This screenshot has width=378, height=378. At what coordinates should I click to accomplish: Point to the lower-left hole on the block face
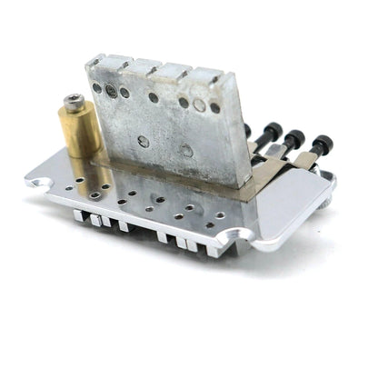tap(144, 141)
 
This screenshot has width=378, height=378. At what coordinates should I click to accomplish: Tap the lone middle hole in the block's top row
tap(154, 96)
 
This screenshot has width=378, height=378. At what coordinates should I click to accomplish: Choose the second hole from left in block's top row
tap(111, 90)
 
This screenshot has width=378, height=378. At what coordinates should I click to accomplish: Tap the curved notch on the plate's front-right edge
tap(241, 238)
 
